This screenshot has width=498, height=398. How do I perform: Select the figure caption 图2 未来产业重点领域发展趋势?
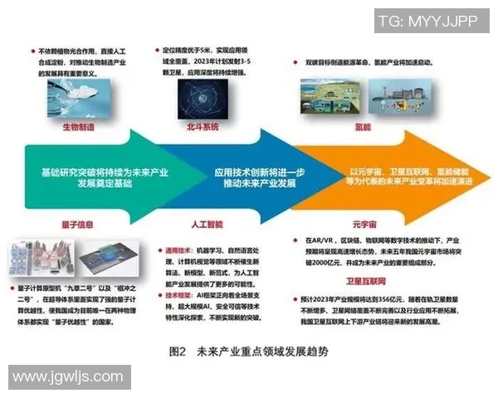click(x=248, y=352)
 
